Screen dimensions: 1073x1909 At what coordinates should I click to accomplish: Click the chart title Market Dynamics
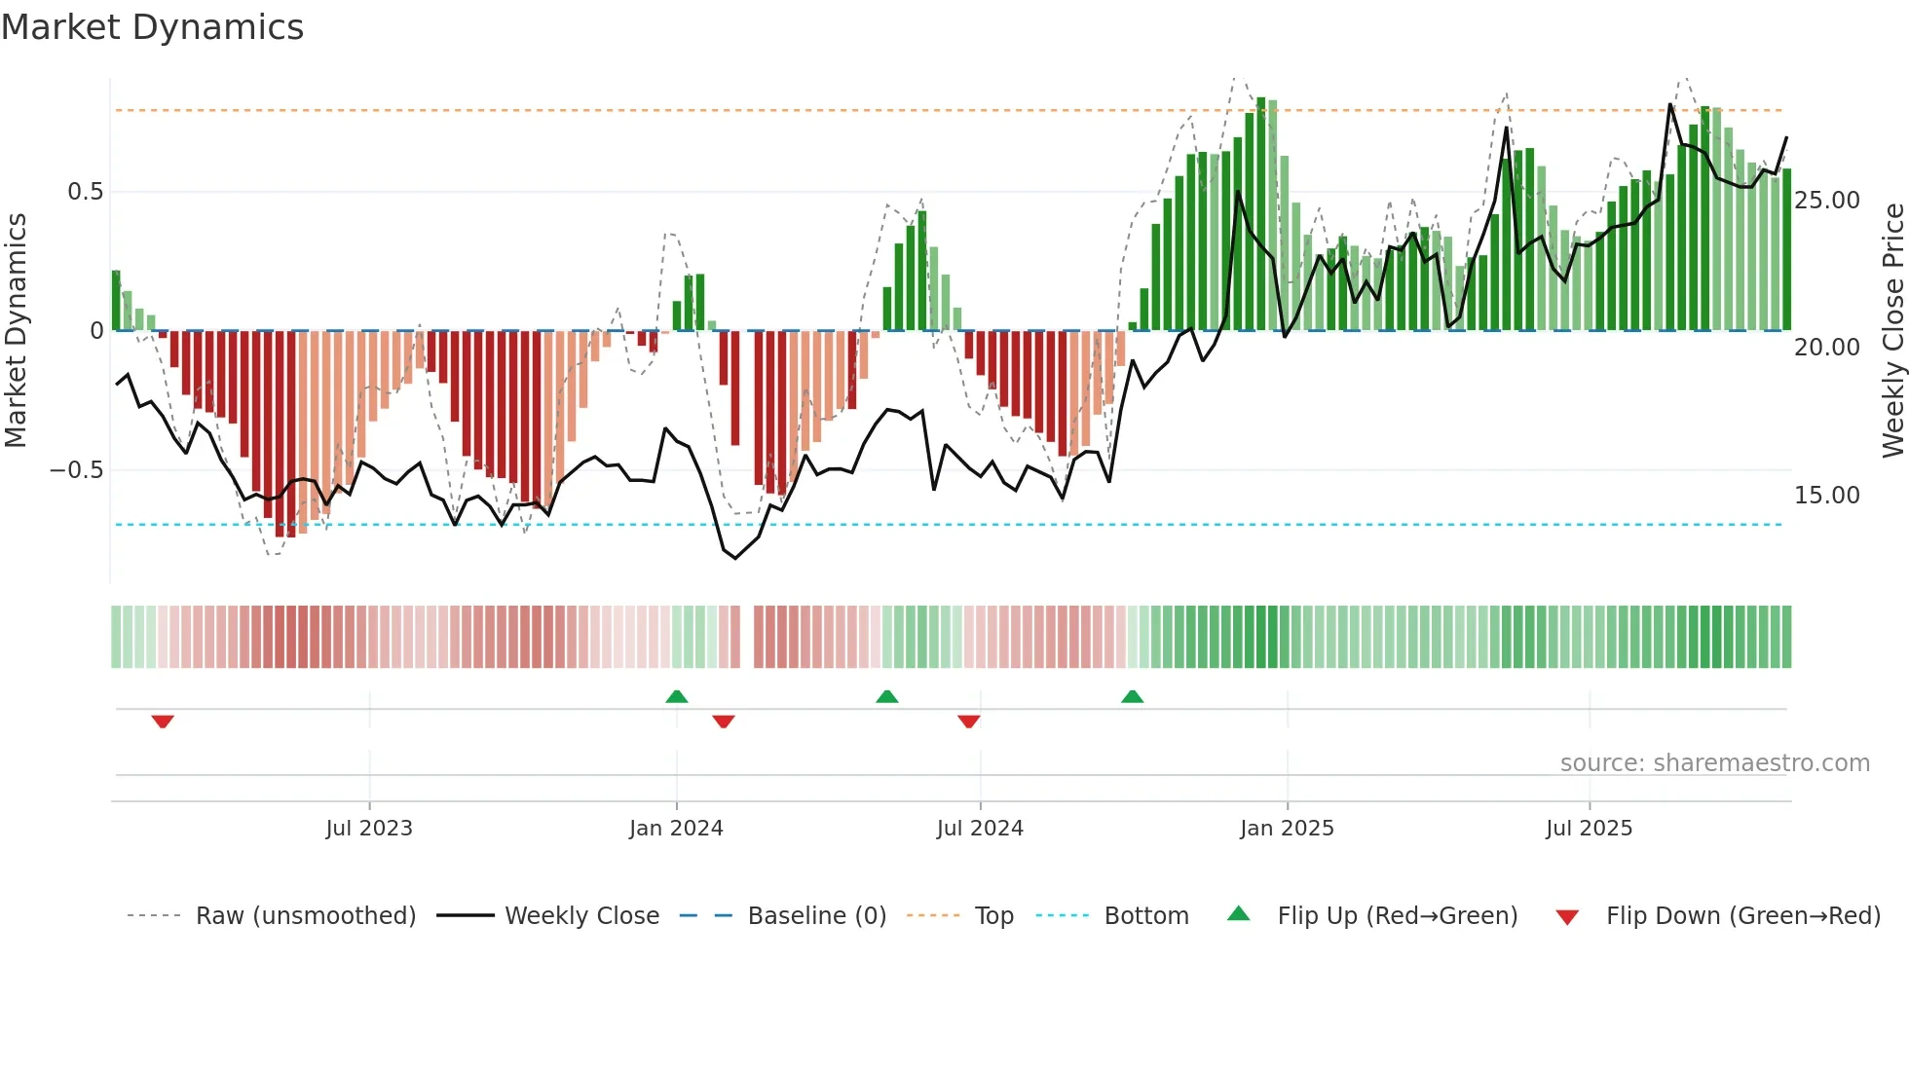(x=152, y=27)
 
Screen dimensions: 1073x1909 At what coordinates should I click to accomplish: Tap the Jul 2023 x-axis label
(x=369, y=829)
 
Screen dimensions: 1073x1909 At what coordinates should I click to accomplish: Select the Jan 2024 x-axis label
(x=676, y=829)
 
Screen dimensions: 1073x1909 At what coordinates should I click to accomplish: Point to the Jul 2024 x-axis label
(x=980, y=829)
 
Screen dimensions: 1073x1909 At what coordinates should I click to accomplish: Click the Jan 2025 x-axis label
(x=1287, y=829)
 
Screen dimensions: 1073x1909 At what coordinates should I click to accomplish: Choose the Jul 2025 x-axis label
(x=1589, y=829)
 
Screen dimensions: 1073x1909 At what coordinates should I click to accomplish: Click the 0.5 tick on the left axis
(x=85, y=192)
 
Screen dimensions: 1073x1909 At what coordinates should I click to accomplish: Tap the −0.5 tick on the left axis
(x=76, y=470)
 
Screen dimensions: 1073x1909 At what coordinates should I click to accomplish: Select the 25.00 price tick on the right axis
(x=1827, y=201)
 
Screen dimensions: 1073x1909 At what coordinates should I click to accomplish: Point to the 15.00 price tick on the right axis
(x=1827, y=496)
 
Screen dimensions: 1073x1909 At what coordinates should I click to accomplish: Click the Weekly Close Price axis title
(x=1892, y=331)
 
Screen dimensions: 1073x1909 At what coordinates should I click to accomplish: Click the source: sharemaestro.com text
(x=1714, y=763)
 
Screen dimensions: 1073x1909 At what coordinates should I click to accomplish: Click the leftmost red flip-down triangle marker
(x=163, y=721)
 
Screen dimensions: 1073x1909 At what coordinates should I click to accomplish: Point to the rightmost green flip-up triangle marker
(x=1132, y=696)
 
